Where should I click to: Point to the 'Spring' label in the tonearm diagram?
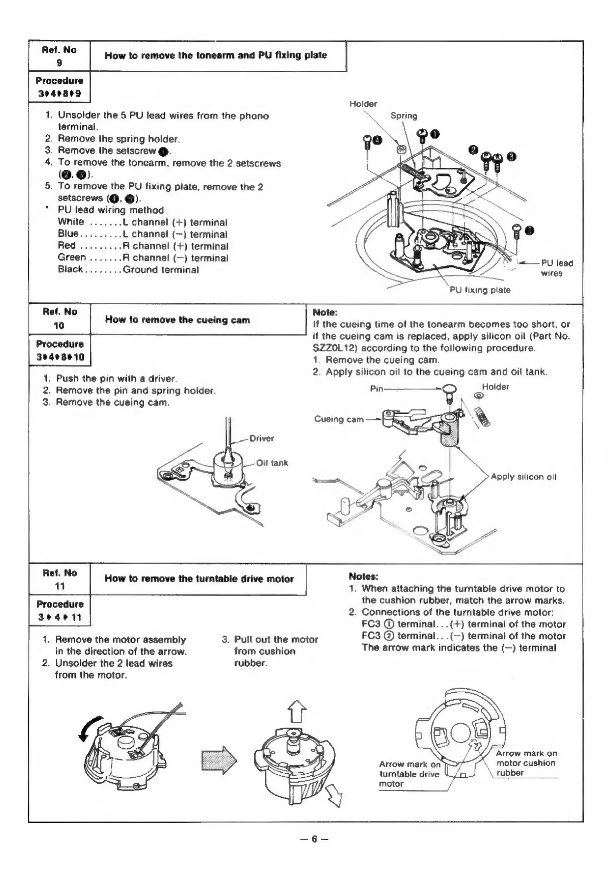[x=404, y=116]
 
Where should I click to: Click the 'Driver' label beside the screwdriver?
[x=261, y=438]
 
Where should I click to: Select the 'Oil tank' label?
[x=272, y=463]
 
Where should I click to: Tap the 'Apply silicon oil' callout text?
[x=523, y=477]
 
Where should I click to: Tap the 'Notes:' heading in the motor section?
[x=363, y=576]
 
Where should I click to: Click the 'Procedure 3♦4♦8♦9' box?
[x=59, y=87]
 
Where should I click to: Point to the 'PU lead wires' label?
[x=556, y=268]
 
